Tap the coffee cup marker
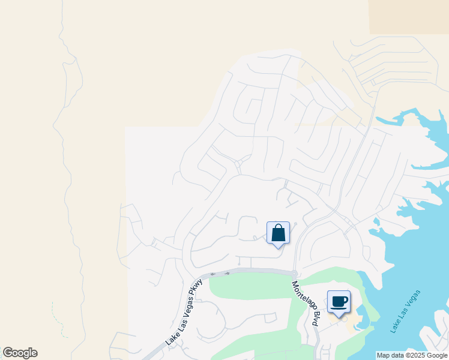[339, 301]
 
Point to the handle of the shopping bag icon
[278, 227]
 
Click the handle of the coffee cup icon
[345, 299]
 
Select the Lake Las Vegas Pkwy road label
[181, 314]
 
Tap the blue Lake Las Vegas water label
[405, 311]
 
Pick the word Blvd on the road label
[313, 318]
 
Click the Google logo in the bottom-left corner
[20, 353]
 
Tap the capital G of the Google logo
[8, 353]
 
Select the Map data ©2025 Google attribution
[412, 355]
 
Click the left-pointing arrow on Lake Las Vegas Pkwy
[213, 274]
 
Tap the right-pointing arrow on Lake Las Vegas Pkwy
[227, 273]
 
